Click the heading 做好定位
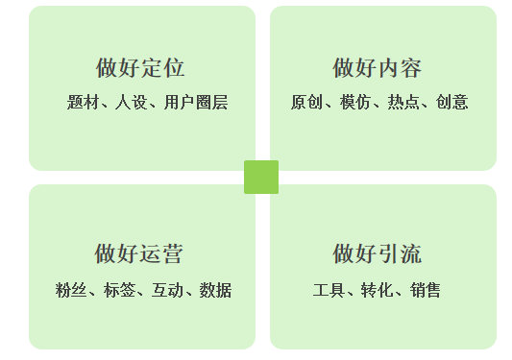[140, 68]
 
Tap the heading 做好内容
[377, 68]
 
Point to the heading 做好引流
[377, 254]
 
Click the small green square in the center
[261, 177]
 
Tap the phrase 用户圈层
[196, 102]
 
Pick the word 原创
[306, 102]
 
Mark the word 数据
[215, 290]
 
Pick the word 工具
[328, 290]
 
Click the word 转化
[377, 290]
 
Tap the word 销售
[426, 290]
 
